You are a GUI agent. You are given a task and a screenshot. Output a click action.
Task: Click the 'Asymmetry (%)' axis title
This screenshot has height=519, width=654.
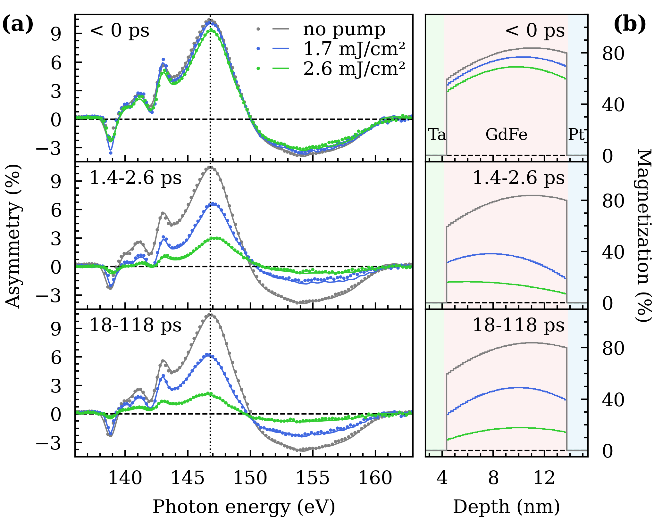(x=13, y=236)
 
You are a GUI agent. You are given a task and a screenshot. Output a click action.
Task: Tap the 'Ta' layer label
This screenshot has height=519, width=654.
(x=437, y=135)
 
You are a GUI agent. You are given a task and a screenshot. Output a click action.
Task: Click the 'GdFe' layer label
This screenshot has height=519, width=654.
(x=506, y=135)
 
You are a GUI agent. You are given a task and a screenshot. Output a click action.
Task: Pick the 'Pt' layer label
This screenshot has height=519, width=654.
(x=576, y=135)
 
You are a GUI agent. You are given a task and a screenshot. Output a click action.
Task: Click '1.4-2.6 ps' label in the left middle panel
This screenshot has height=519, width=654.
(x=135, y=178)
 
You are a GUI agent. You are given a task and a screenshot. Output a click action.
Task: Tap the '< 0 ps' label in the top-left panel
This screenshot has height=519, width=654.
(x=120, y=31)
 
